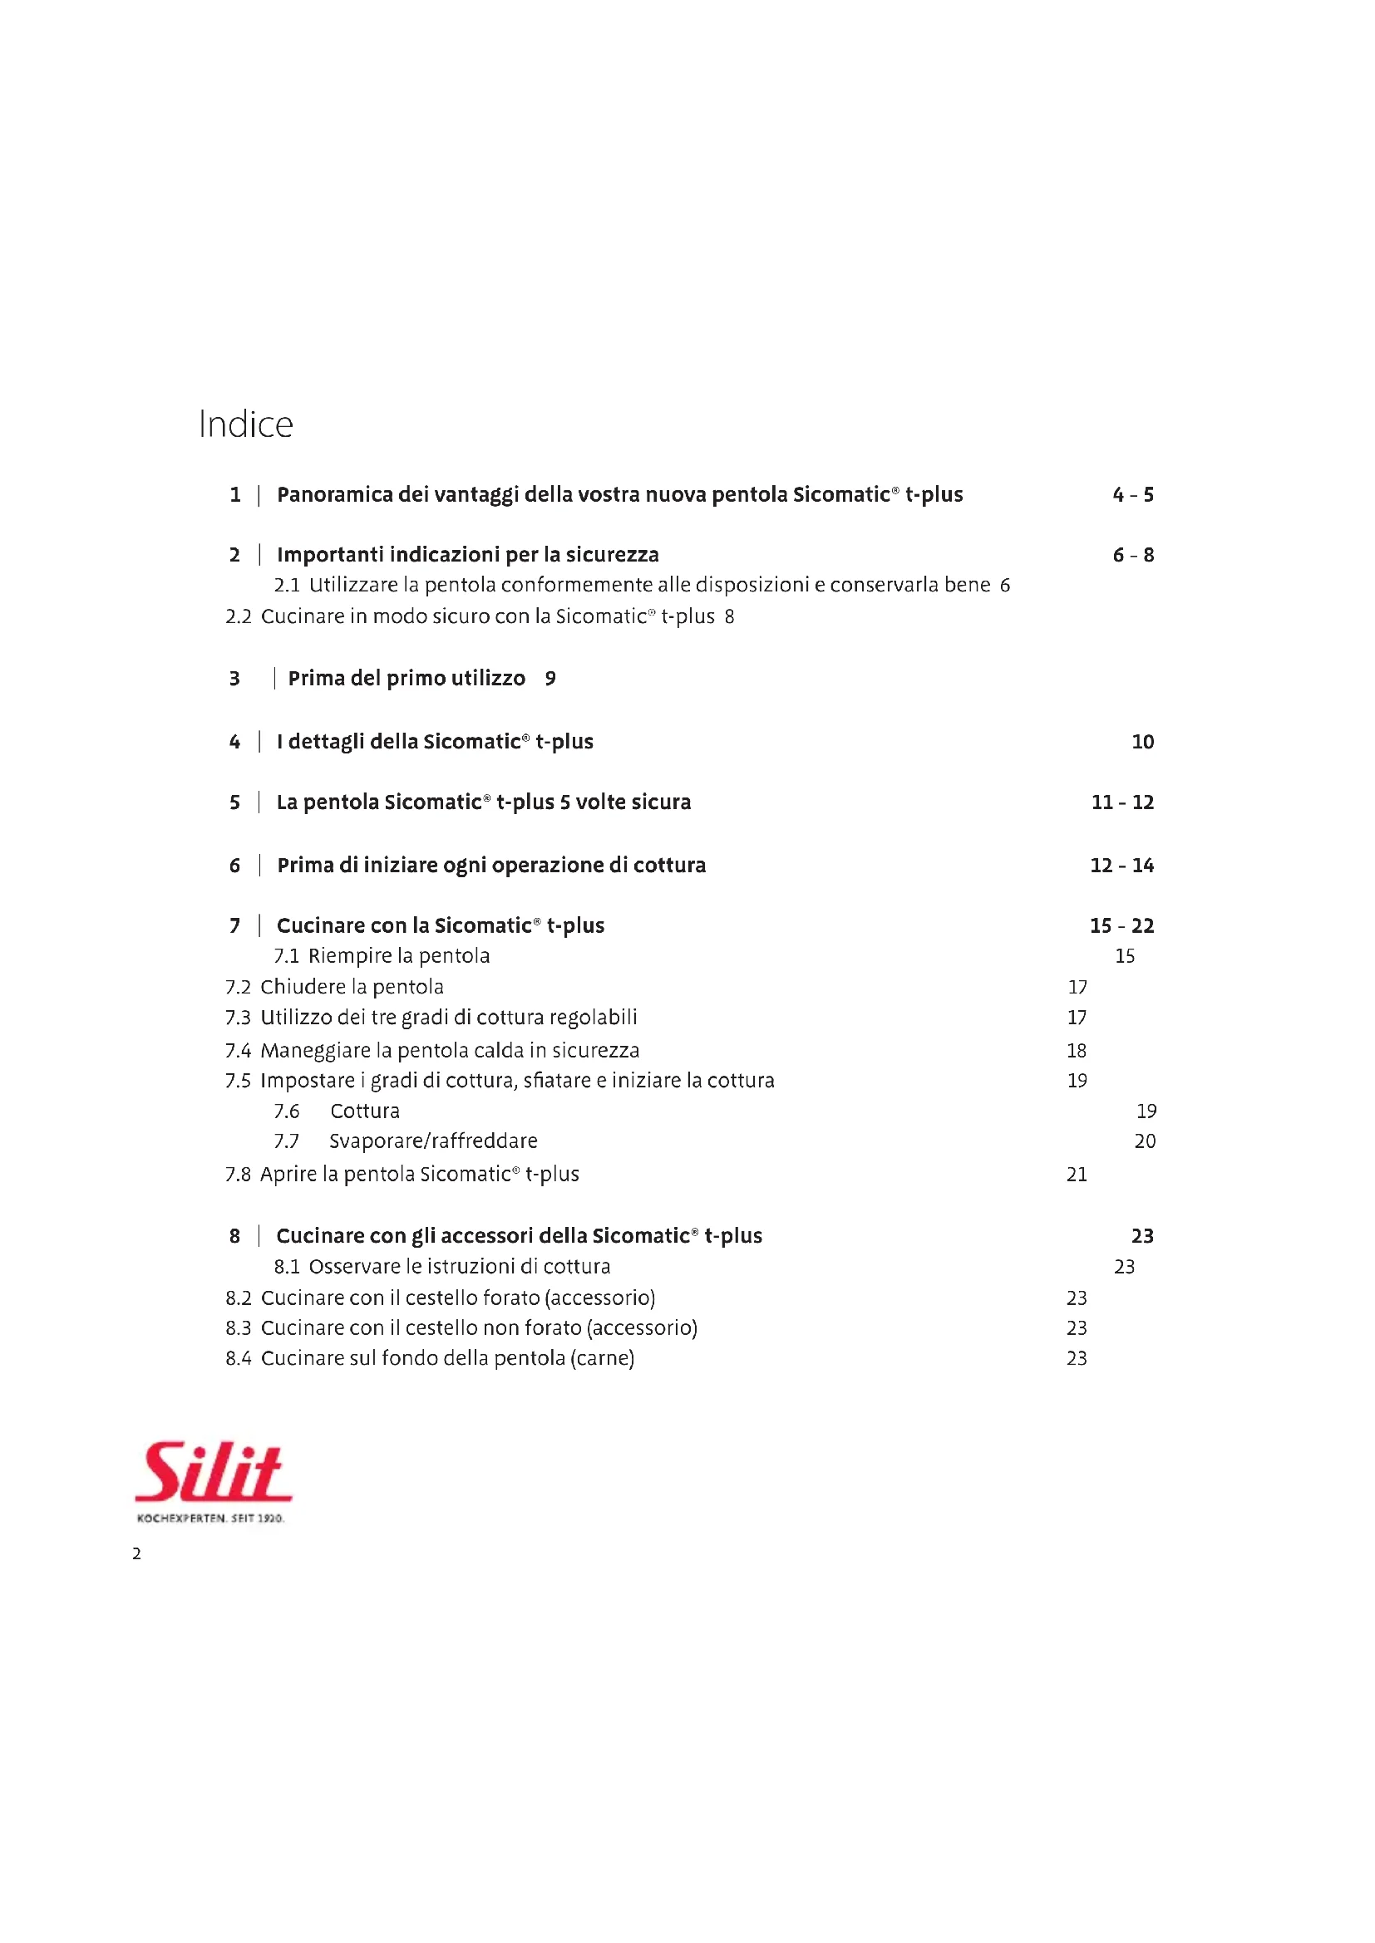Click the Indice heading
tap(245, 424)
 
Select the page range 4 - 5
tap(1133, 495)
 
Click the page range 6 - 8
tap(1133, 555)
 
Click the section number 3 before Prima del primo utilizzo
tap(234, 679)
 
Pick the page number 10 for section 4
tap(1142, 742)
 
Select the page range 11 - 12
tap(1121, 802)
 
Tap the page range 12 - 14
tap(1121, 866)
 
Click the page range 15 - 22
tap(1121, 925)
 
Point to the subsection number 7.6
tap(286, 1111)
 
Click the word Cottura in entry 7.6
tap(365, 1111)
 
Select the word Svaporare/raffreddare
tap(433, 1141)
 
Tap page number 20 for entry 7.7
tap(1145, 1141)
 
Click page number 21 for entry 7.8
tap(1077, 1175)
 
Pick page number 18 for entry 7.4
tap(1077, 1051)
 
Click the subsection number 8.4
tap(239, 1358)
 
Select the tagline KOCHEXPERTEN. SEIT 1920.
tap(210, 1519)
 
